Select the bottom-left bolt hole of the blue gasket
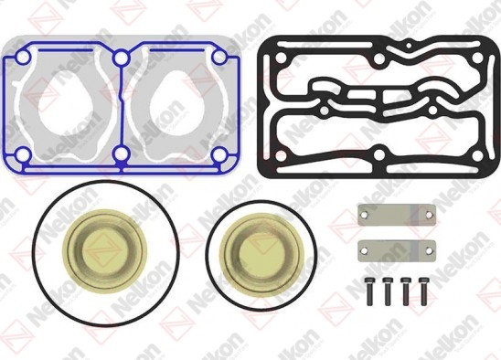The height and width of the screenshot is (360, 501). click(x=16, y=152)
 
